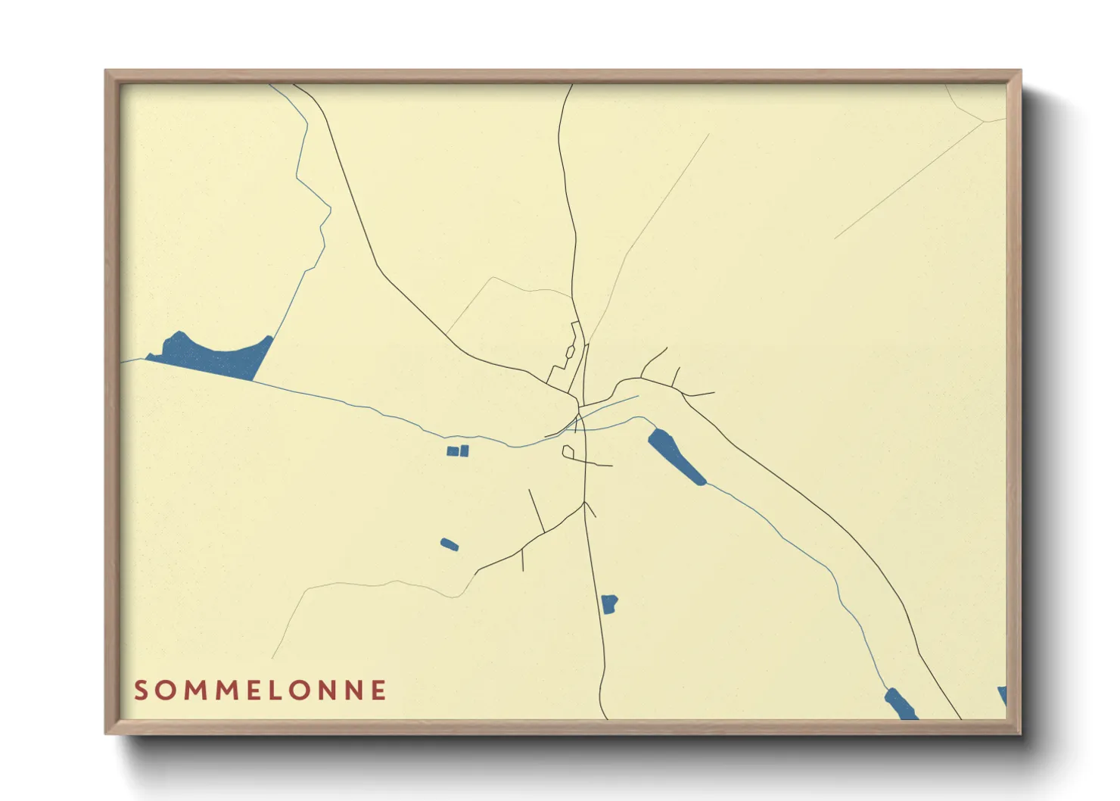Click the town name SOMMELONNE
tap(260, 690)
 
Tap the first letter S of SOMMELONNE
tap(141, 690)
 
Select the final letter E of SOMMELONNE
tap(378, 690)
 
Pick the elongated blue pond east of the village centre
tap(676, 456)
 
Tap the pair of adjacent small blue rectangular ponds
tap(458, 451)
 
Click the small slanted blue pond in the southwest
tap(450, 544)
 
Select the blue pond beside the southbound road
tap(609, 603)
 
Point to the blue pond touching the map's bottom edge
tap(900, 704)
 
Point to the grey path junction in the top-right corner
tap(982, 121)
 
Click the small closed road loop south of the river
tap(568, 452)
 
